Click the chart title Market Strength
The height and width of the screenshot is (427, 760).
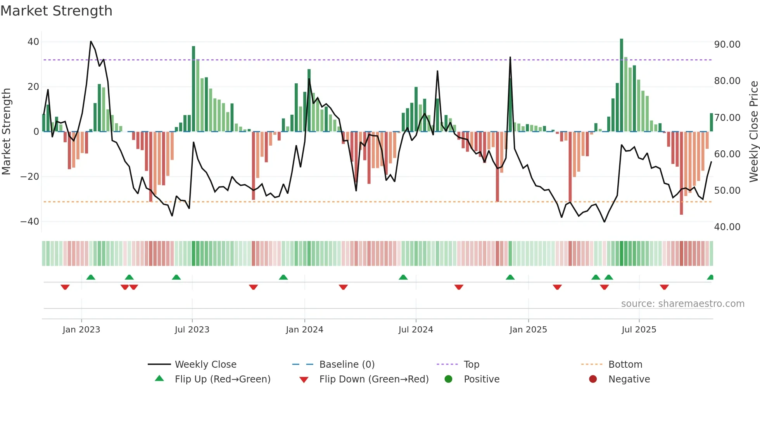[56, 11]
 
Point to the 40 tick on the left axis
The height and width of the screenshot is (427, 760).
[33, 41]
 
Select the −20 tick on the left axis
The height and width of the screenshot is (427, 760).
[30, 177]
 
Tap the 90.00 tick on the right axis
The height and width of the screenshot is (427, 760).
[727, 45]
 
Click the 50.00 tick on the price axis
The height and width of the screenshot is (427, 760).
[727, 191]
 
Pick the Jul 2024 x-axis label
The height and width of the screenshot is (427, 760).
[416, 330]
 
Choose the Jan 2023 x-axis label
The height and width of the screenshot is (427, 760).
[81, 330]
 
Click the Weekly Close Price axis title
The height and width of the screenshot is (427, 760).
[753, 132]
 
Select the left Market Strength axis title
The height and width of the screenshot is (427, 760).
[6, 132]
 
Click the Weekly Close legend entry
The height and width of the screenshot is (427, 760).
[205, 365]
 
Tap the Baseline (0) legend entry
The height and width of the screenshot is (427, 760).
[347, 365]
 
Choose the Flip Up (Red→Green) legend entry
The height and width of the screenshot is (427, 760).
[222, 379]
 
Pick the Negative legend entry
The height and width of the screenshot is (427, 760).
[629, 379]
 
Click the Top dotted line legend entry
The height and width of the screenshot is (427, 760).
[471, 365]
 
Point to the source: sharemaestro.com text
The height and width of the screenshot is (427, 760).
[682, 304]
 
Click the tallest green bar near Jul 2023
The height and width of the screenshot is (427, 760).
[193, 89]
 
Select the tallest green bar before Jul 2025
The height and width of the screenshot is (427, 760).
[622, 85]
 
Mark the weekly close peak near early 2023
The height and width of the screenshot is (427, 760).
[91, 41]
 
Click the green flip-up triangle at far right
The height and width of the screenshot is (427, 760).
[710, 277]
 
